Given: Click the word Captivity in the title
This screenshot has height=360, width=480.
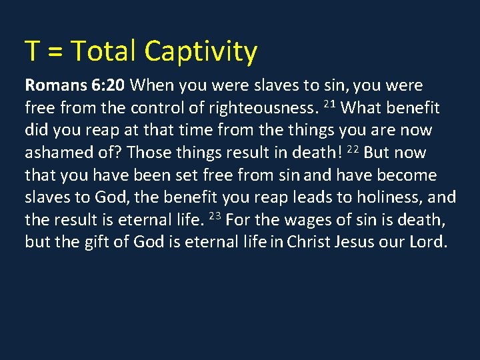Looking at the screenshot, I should (x=201, y=52).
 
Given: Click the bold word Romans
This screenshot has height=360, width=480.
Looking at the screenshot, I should (x=53, y=85).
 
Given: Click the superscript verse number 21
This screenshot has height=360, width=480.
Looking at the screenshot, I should (x=328, y=105).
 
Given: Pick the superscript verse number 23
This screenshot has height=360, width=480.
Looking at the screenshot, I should (x=215, y=216).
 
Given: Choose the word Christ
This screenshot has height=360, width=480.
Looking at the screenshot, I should (x=309, y=242).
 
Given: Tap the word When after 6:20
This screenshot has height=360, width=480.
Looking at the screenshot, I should (x=152, y=85).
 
